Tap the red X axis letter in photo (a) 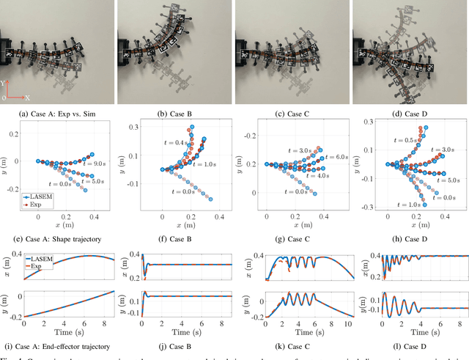pos(27,97)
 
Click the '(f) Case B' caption pos(175,238)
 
